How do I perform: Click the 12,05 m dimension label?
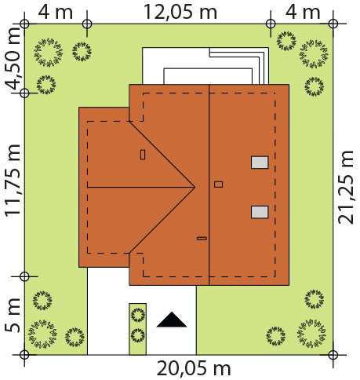pos(180,12)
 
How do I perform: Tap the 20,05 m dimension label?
pos(194,368)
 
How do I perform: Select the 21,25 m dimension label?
pos(346,188)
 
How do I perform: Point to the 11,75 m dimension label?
pos(13,181)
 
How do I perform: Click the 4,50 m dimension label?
pos(13,58)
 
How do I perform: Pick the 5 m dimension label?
pos(13,315)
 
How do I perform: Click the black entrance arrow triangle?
pos(172,320)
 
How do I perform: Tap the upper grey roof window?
pos(260,163)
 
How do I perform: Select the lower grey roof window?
pos(260,212)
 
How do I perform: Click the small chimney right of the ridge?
pos(218,185)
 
